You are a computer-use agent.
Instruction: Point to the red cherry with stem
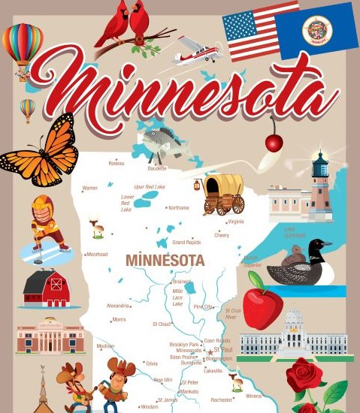[x=274, y=143]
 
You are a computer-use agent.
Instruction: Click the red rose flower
[x=304, y=375]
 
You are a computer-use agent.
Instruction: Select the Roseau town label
[x=116, y=163]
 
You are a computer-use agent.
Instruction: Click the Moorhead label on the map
[x=97, y=255]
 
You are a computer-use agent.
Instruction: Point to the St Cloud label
[x=161, y=324]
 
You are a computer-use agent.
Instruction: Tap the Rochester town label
[x=222, y=400]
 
